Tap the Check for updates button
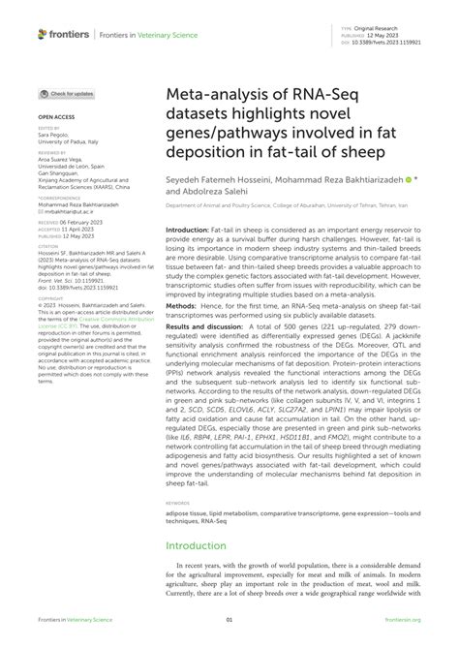67,94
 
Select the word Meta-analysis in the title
207,98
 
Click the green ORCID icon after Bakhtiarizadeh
411,180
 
